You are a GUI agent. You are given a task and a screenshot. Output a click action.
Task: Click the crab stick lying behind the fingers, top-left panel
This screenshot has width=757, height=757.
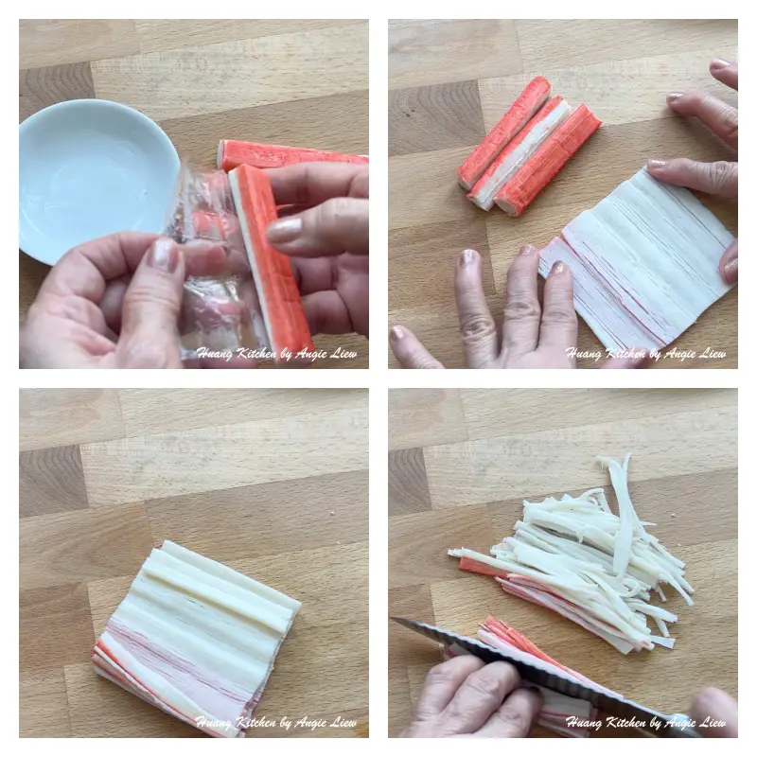click(x=290, y=153)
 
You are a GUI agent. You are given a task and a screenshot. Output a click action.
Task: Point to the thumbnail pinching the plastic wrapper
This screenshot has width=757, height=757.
click(x=163, y=255)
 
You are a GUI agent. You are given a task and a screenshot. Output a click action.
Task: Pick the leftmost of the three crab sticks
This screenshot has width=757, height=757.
click(x=504, y=132)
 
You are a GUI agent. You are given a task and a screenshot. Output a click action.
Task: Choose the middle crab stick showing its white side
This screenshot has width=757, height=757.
click(x=521, y=152)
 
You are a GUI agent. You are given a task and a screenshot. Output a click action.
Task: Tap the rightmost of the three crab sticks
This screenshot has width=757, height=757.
click(x=548, y=159)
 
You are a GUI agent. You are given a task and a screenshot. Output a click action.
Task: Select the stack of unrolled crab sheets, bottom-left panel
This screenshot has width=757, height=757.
click(x=198, y=637)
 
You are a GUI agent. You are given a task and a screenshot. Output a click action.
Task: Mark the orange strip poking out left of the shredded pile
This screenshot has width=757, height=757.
click(x=479, y=567)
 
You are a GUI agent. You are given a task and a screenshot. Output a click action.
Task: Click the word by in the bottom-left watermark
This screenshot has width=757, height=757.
click(x=286, y=724)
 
